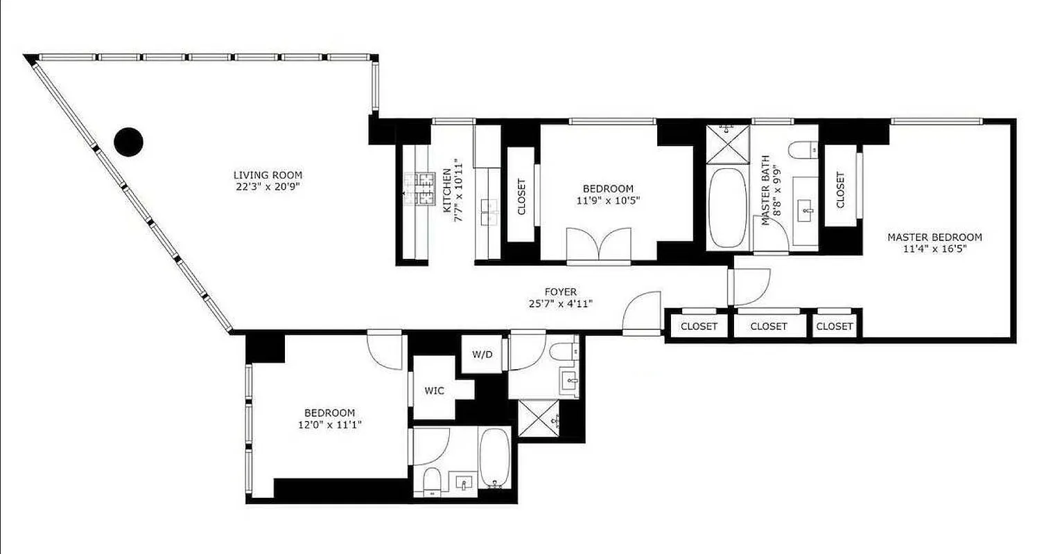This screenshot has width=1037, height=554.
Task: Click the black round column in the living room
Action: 128,142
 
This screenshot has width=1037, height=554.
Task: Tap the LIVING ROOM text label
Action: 268,175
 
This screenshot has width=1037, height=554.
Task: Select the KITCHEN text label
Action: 447,190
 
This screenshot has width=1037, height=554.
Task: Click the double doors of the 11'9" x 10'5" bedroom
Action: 599,246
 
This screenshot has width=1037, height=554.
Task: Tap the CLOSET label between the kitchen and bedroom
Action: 521,196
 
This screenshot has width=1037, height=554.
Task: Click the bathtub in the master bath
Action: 727,207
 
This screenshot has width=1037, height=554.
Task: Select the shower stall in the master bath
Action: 727,143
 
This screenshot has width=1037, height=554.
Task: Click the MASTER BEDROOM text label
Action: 934,237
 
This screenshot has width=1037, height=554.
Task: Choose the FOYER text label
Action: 560,292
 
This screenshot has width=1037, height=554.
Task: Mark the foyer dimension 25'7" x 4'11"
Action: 560,303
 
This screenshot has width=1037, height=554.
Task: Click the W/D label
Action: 482,355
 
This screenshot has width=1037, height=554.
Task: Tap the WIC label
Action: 434,391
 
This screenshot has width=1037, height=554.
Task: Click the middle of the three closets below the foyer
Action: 769,326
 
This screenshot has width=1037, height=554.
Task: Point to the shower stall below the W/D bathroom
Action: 538,420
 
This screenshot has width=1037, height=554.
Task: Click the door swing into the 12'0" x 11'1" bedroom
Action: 385,350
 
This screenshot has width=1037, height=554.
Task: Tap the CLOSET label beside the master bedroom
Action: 840,190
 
